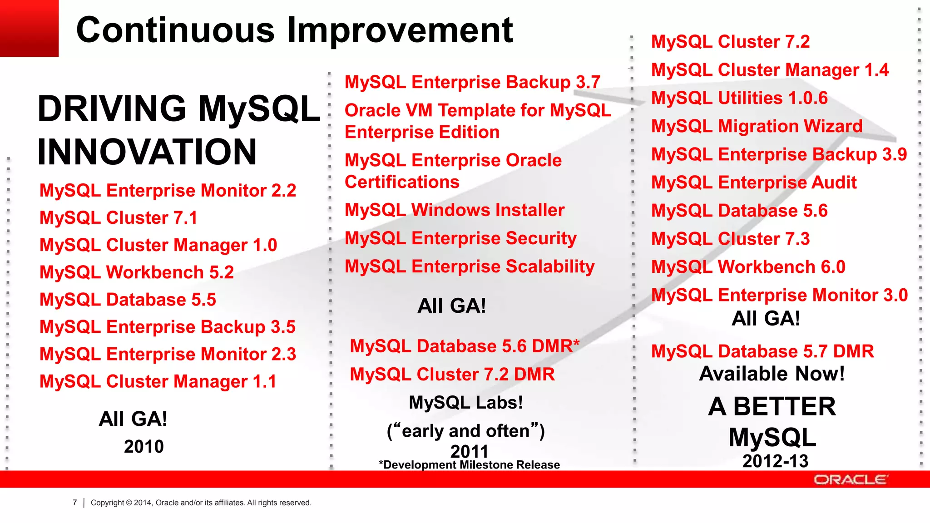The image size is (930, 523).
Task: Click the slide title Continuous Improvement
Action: (x=294, y=30)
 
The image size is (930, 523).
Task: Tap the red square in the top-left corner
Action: (x=29, y=28)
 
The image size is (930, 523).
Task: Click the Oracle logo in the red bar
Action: (x=850, y=479)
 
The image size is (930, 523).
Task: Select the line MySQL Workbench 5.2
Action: (x=136, y=272)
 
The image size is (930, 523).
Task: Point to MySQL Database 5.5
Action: (x=128, y=300)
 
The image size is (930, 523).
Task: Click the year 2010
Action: (x=143, y=447)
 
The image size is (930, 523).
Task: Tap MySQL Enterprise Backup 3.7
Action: (x=472, y=82)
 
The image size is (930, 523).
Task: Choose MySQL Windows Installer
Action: (x=454, y=210)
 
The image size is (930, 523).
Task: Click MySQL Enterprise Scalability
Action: (x=470, y=266)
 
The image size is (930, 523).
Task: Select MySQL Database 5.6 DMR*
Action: (x=465, y=346)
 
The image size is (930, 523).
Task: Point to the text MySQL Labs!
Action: (x=465, y=403)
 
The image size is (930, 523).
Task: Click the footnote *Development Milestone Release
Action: (x=469, y=465)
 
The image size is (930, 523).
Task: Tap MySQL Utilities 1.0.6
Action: (x=739, y=98)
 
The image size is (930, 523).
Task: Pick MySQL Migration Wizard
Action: (x=757, y=126)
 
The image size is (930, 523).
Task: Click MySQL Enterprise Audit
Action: (x=754, y=183)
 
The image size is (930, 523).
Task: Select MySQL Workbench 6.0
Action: (x=748, y=267)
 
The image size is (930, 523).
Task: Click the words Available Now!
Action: (x=772, y=374)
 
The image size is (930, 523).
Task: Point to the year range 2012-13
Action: (x=775, y=461)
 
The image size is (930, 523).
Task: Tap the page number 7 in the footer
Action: (x=75, y=503)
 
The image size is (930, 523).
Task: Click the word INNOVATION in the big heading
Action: (x=147, y=152)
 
